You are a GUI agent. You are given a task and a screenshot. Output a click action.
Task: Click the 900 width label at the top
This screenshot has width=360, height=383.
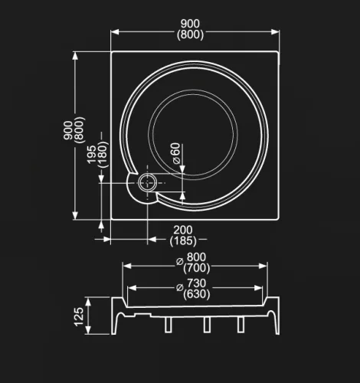click(190, 24)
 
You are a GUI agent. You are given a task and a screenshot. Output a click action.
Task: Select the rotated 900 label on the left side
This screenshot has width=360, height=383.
click(68, 130)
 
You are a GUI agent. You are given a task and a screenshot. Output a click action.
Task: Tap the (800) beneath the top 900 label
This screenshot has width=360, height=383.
click(191, 34)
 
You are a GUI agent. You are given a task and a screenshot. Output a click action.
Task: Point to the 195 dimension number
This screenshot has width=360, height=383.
click(91, 155)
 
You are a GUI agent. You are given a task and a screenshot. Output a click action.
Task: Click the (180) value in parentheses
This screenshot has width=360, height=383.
click(103, 155)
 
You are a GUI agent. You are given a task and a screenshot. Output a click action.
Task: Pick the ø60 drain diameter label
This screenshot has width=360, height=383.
click(176, 153)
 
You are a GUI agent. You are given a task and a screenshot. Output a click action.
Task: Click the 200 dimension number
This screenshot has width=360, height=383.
click(183, 230)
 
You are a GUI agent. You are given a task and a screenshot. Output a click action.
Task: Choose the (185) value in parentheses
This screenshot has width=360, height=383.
click(183, 241)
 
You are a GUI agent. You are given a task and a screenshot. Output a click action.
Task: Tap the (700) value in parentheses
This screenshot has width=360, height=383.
click(196, 268)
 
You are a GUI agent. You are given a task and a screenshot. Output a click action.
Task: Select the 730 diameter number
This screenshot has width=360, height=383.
click(196, 283)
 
